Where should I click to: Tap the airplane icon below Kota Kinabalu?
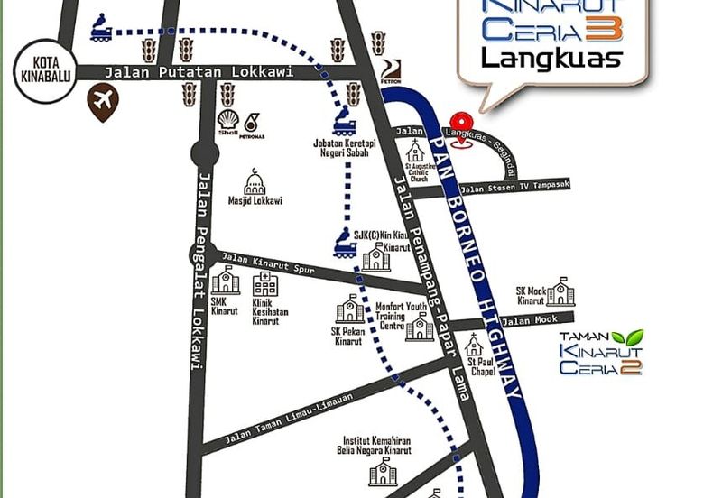[103, 102]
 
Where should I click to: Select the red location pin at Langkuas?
[461, 124]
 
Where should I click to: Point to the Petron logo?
[389, 71]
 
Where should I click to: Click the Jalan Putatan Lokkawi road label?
[199, 72]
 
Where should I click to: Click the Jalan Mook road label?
[530, 320]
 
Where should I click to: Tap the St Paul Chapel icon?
[474, 345]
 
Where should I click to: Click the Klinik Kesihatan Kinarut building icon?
[265, 283]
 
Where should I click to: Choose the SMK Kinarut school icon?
[226, 281]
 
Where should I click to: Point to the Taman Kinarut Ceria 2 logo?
[601, 353]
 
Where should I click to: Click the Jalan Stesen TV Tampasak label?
[514, 187]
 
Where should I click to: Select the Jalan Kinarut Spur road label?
[268, 264]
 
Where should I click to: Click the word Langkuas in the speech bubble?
[551, 59]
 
